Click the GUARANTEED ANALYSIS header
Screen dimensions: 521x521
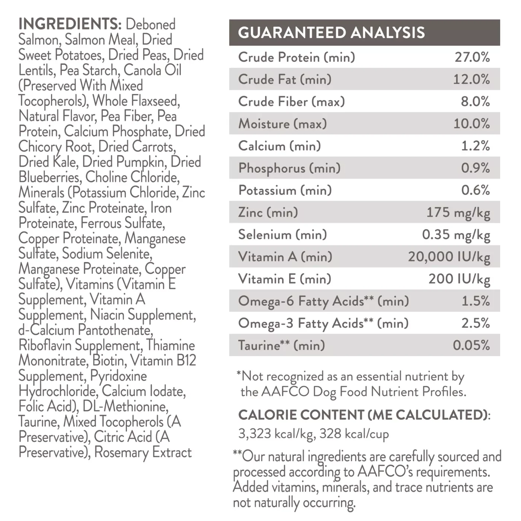[x=331, y=33]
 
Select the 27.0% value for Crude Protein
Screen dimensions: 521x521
[x=472, y=57]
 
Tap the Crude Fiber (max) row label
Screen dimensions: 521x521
[x=291, y=102]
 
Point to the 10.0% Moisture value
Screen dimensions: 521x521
[x=471, y=124]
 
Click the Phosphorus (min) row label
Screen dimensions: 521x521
[x=289, y=168]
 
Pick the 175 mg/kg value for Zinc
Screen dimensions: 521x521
[x=458, y=212]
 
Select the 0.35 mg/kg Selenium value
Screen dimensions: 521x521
[x=456, y=235]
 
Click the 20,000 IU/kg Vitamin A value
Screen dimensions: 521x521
[x=449, y=257]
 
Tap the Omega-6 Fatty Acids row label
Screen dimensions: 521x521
[x=323, y=301]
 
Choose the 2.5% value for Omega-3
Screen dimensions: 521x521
[x=475, y=323]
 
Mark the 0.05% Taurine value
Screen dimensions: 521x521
[x=471, y=345]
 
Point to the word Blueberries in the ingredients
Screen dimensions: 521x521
[x=49, y=177]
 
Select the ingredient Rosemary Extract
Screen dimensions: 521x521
[x=143, y=452]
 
